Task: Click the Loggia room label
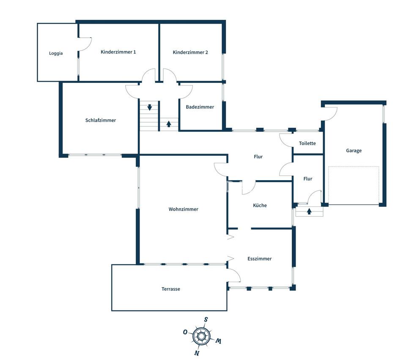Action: point(56,53)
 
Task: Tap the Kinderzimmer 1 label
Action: point(118,52)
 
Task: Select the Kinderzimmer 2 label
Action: point(190,52)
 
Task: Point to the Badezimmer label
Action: point(200,107)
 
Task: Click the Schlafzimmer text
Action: point(101,120)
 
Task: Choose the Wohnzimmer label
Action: point(183,209)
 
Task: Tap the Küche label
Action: point(260,205)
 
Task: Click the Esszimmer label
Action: point(259,258)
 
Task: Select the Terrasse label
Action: point(170,289)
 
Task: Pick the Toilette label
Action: point(307,143)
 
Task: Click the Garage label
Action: point(354,151)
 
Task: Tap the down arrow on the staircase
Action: point(149,107)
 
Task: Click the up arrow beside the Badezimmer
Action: point(169,124)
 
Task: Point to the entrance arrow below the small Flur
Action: point(309,212)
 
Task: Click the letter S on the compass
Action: point(206,319)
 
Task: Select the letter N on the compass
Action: point(197,353)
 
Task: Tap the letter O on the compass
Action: point(185,332)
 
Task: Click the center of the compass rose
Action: point(201,336)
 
